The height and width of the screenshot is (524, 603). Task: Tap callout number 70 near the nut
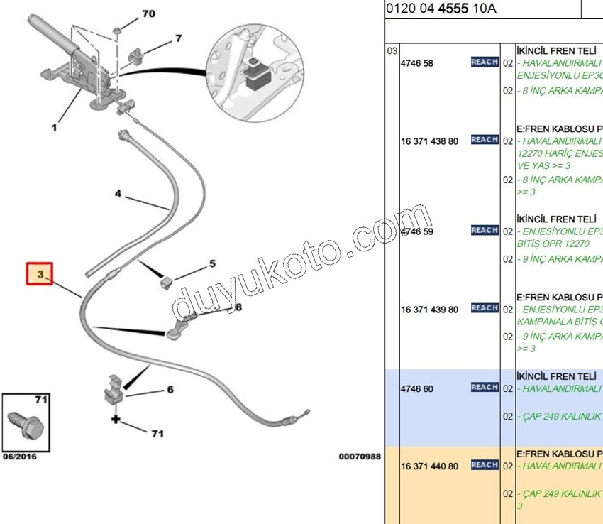coord(148,14)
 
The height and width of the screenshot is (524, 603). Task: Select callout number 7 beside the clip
coord(178,38)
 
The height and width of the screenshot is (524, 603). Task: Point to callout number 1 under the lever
coord(54,129)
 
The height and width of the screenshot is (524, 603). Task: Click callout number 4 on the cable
coord(118,193)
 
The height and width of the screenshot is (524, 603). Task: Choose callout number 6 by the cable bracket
coord(170,389)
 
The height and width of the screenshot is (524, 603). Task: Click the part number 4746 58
coord(417,63)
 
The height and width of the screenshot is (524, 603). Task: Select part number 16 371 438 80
coord(430,141)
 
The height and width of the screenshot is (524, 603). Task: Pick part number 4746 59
coord(417,231)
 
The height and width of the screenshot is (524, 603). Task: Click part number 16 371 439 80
coord(430,310)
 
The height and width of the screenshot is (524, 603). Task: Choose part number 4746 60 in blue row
coord(417,389)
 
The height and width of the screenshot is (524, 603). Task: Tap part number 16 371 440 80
coord(430,466)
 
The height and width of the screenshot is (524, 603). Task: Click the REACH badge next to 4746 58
coord(485,62)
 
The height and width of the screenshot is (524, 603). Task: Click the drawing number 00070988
coord(360,457)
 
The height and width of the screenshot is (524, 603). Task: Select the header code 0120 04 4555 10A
coord(441,9)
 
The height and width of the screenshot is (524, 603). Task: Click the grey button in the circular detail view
coord(253,72)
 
